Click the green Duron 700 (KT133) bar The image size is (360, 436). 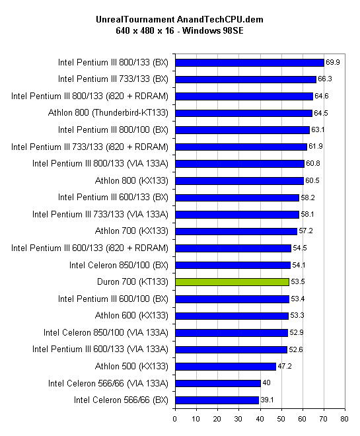[x=232, y=282]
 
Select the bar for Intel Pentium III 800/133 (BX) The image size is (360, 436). [x=250, y=63]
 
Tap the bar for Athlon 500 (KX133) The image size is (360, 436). [x=225, y=367]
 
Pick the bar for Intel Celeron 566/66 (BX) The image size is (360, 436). [x=217, y=400]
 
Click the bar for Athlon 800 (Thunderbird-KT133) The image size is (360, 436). [x=244, y=113]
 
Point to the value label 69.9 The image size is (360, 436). [x=333, y=62]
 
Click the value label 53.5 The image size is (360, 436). [x=298, y=281]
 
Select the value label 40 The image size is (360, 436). [x=266, y=383]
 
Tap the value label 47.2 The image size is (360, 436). [x=285, y=366]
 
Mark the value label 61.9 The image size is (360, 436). [x=316, y=146]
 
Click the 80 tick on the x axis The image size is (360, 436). [x=344, y=419]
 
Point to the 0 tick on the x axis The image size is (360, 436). [x=174, y=419]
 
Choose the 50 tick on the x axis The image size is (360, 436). [x=281, y=419]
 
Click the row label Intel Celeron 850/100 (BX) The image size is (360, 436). [x=119, y=266]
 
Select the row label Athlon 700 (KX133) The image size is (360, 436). [x=131, y=231]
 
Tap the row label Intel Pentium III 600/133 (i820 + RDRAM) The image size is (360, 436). [x=90, y=248]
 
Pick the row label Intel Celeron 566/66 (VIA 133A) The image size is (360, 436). [x=108, y=383]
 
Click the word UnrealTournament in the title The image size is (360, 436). [x=135, y=19]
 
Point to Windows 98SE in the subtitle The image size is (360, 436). [x=213, y=30]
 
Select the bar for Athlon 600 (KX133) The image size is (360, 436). [x=232, y=316]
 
